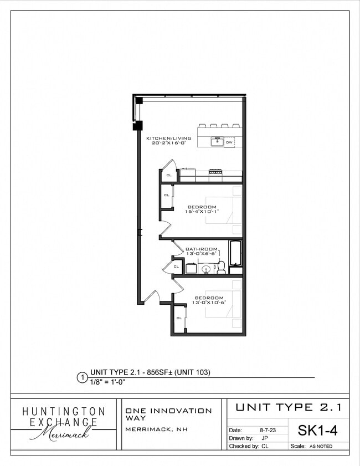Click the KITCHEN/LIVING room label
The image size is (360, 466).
[168, 138]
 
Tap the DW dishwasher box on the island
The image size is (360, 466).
[229, 142]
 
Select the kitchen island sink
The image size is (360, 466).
[217, 142]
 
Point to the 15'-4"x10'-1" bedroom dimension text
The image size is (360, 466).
[202, 211]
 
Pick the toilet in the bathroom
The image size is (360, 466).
[221, 268]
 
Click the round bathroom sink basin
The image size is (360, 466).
[206, 269]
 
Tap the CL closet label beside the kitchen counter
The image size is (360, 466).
[169, 176]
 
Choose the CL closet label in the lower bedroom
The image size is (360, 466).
[179, 318]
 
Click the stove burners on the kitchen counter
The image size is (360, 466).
[215, 173]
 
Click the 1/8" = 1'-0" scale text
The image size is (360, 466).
[108, 381]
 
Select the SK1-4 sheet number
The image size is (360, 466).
[317, 429]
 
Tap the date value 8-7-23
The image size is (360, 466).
[269, 429]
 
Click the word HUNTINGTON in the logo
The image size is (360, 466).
[63, 412]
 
